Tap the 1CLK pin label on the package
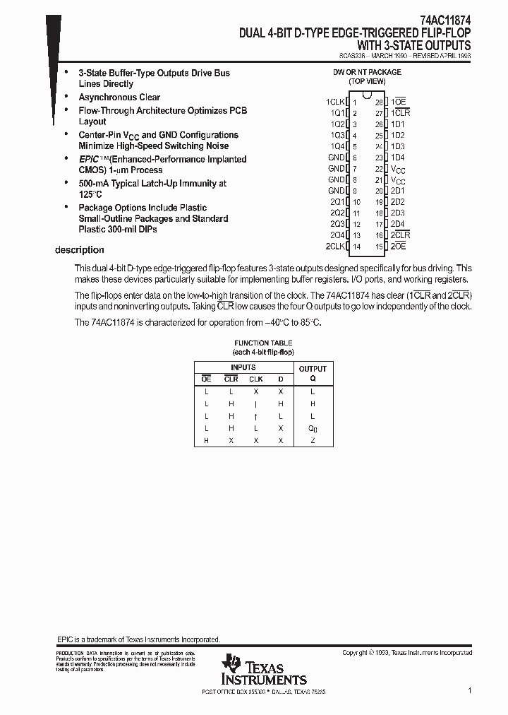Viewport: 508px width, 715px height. pos(334,102)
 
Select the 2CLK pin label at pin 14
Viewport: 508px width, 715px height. pos(334,246)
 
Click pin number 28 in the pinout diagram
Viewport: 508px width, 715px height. pos(379,102)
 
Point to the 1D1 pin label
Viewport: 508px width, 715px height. pos(398,124)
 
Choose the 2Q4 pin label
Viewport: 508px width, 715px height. pos(337,235)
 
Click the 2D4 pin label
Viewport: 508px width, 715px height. pos(398,224)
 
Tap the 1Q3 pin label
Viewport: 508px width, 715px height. pos(337,135)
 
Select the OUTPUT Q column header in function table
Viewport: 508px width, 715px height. pos(313,373)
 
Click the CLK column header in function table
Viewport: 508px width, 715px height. pos(255,379)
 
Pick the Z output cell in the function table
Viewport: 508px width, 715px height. pos(313,440)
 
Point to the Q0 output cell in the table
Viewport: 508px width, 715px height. pos(313,428)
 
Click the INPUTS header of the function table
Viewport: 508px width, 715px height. pos(243,367)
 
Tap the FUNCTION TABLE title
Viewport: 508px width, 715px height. pos(263,343)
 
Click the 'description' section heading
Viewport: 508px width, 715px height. pos(80,250)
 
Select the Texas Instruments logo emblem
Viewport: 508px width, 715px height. pos(231,665)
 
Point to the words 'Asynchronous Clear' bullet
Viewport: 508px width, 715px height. pos(119,97)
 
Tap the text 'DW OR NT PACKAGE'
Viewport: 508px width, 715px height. pos(367,72)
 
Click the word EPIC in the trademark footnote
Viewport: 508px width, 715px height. pos(64,638)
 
